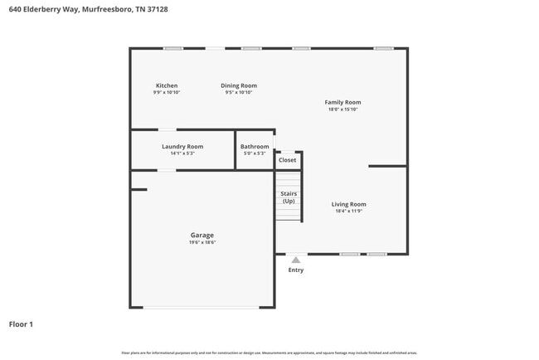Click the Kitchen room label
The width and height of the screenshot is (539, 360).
(x=167, y=85)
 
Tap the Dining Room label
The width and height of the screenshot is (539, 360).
(x=238, y=85)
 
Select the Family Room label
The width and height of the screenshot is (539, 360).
(x=342, y=102)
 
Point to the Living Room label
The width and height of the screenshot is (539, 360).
(x=348, y=204)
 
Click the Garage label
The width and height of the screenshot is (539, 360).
(x=202, y=235)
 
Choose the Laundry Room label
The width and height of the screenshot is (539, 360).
(x=182, y=146)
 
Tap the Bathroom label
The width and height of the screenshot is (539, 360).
(x=255, y=146)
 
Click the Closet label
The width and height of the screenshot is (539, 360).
(x=287, y=160)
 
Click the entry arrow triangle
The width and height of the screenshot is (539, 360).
(x=296, y=260)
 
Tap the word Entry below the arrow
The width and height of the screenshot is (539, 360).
(x=296, y=270)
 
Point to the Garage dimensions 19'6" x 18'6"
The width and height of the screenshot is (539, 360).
(x=202, y=242)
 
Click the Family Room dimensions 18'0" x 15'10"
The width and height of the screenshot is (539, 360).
(x=342, y=109)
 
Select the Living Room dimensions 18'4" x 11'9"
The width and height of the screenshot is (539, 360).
(x=348, y=212)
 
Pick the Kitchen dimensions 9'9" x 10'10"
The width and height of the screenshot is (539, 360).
(x=167, y=93)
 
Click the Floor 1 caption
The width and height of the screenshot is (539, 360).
(x=21, y=324)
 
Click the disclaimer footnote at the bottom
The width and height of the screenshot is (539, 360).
(x=269, y=353)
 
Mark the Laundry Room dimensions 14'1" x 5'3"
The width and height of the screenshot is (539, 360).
(x=182, y=153)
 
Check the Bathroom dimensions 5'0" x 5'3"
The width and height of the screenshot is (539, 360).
(x=255, y=153)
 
